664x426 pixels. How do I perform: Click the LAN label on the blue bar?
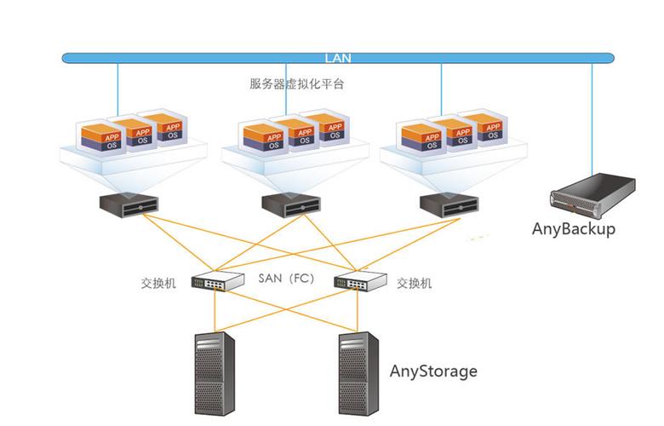point(337,59)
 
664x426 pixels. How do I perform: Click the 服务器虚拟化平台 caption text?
point(296,84)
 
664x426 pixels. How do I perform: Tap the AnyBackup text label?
point(573,228)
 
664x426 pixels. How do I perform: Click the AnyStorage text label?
point(433,371)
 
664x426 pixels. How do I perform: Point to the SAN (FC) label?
point(287,279)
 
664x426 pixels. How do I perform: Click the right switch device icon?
point(361,280)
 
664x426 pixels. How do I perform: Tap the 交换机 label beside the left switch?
point(158,283)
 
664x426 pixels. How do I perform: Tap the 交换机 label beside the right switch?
point(415,283)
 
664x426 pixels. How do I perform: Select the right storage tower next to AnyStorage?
point(358,375)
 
